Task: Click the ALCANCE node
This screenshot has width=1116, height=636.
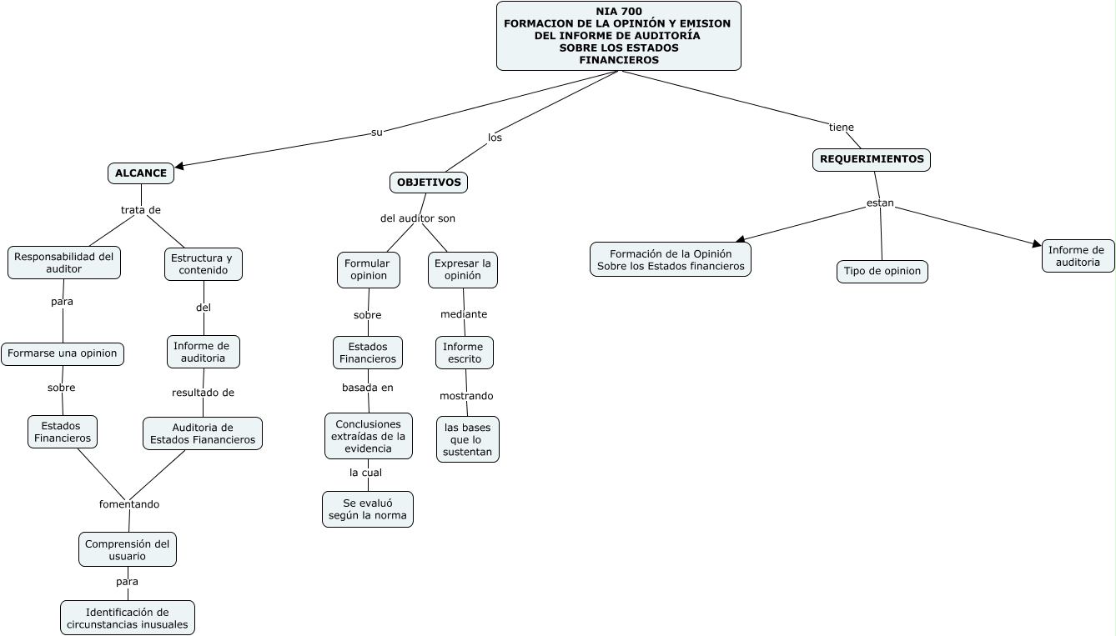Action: [x=141, y=173]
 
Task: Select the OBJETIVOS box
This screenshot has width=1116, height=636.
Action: [x=429, y=183]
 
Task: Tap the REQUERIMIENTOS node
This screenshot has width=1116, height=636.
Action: [x=871, y=160]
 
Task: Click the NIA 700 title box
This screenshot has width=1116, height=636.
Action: [x=618, y=36]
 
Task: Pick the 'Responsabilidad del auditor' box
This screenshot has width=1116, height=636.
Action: [x=64, y=263]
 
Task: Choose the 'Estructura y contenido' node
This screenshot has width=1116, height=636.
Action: [x=203, y=264]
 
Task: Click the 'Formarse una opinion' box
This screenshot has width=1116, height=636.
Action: [x=63, y=353]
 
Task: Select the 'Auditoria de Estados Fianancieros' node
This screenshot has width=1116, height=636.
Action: [x=203, y=433]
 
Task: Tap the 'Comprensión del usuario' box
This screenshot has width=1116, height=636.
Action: [x=128, y=549]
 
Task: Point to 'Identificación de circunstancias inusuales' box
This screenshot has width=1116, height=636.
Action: [x=128, y=618]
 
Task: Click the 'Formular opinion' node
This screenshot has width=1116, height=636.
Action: [x=369, y=270]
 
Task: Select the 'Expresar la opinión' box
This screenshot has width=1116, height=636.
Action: [x=463, y=270]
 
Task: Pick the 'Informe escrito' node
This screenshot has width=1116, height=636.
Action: [x=464, y=353]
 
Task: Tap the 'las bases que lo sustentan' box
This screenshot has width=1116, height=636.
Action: [x=467, y=439]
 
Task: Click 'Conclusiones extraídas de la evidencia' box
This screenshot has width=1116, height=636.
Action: [x=369, y=436]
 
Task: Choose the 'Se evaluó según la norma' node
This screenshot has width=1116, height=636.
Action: [x=368, y=509]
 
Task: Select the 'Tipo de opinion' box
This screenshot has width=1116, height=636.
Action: [x=882, y=272]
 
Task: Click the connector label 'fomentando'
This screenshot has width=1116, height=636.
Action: [x=129, y=504]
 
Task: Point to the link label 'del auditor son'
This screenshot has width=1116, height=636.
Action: [x=418, y=218]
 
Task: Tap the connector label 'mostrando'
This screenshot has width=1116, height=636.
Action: [x=466, y=396]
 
